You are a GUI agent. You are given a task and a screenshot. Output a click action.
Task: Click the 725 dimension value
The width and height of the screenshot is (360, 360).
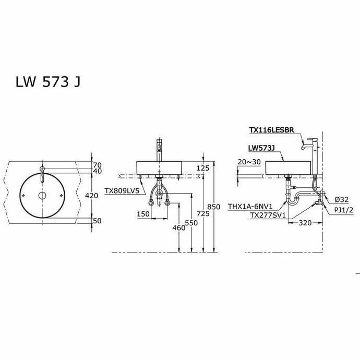[x=203, y=214]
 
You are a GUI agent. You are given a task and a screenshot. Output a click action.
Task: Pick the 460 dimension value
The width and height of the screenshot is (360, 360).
[x=178, y=227]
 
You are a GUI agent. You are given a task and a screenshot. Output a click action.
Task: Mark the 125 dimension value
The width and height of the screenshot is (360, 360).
[x=203, y=167]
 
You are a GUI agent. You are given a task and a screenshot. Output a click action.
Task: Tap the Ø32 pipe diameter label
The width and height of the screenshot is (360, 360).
[x=342, y=199]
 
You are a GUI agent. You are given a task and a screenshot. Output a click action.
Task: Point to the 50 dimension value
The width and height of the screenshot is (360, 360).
[x=97, y=221]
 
